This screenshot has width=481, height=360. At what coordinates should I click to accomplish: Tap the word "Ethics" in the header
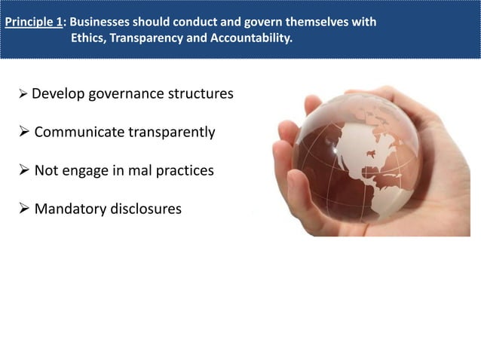point(88,38)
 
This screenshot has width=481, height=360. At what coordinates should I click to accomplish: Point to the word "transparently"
point(173,133)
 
